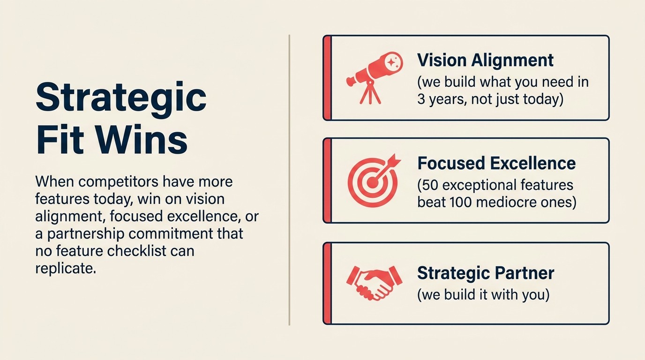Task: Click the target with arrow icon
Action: [x=373, y=180]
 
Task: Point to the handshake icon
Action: [x=374, y=282]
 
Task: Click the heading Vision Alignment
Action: [x=485, y=60]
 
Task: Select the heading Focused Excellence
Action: [x=496, y=163]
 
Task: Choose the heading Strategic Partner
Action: [x=485, y=273]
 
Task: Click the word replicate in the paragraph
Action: [x=65, y=268]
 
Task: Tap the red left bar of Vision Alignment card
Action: [x=327, y=78]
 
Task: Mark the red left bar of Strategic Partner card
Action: [x=327, y=283]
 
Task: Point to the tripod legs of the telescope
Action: [x=370, y=94]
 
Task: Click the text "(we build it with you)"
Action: [x=483, y=295]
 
